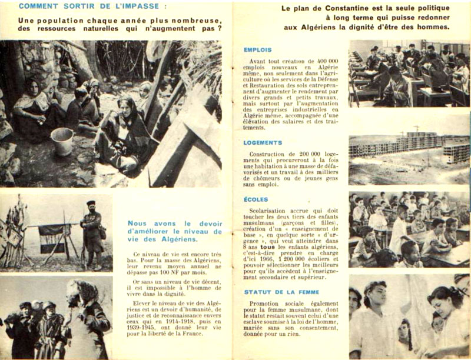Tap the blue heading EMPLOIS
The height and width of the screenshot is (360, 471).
pyautogui.click(x=257, y=50)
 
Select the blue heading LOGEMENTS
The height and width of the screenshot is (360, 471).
pyautogui.click(x=263, y=142)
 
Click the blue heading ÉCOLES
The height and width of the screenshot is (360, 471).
pyautogui.click(x=256, y=199)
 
